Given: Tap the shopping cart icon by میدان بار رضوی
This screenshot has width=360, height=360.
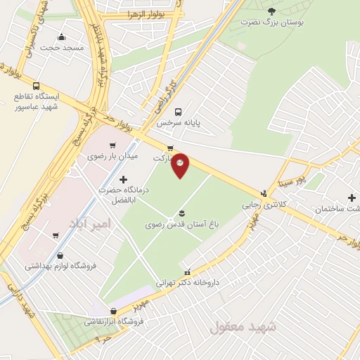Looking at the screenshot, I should click(x=112, y=146).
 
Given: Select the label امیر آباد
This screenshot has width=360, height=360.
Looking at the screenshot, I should click(x=91, y=224).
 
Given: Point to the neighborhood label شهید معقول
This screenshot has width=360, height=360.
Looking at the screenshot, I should click(x=236, y=326).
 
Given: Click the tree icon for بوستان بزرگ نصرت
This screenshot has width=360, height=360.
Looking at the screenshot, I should click(x=271, y=11).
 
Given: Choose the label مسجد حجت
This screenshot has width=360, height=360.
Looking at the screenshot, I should click(x=61, y=48).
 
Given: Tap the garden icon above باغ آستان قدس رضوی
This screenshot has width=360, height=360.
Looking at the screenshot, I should click(x=182, y=213).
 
